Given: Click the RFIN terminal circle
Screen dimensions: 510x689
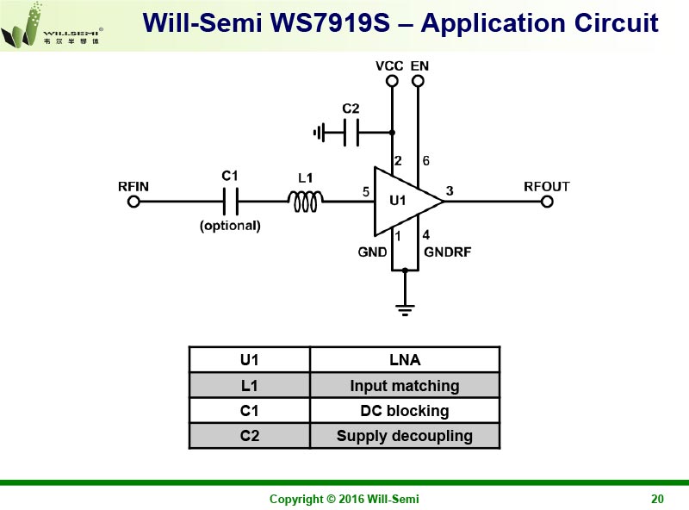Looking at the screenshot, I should pos(133,202).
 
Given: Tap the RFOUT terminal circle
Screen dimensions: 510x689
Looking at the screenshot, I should pos(547,202).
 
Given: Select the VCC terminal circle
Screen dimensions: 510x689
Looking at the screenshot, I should pos(392,81).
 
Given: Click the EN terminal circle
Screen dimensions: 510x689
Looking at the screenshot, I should pos(419,81).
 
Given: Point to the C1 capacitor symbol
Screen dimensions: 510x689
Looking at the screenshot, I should pos(230,202).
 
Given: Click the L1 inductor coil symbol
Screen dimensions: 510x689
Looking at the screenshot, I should pos(305,202).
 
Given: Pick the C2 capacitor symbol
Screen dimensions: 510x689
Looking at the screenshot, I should pos(351,133).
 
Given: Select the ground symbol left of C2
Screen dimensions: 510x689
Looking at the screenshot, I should pos(320,133).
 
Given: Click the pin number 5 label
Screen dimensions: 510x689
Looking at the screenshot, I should pos(367,192).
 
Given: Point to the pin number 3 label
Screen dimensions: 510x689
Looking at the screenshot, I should pos(450,190).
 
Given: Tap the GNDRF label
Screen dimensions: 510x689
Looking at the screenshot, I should pos(447,252).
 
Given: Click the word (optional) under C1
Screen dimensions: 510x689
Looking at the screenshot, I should pos(230,226).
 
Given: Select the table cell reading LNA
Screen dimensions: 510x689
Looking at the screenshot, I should pos(405,360).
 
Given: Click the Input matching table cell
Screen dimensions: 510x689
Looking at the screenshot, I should pos(405,385).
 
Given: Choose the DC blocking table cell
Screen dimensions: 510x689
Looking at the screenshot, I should pos(405,411).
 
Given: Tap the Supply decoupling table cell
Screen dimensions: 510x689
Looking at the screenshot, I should pos(405,436).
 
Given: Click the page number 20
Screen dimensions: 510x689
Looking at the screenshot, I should pos(657,499).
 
